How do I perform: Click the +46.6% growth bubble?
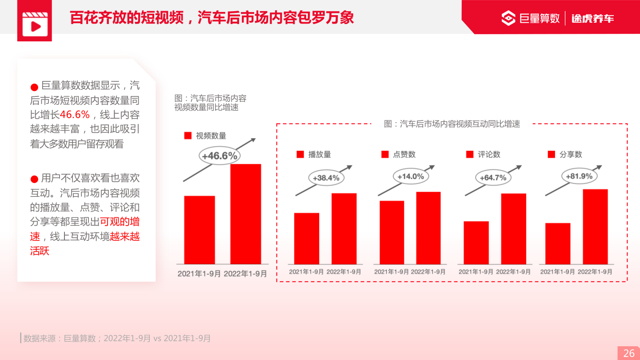point(220,156)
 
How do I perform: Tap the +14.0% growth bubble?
point(411,176)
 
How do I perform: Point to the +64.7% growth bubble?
point(493,178)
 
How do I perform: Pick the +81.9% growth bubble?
point(579,176)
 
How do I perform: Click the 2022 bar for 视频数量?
point(245,214)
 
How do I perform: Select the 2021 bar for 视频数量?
point(200,230)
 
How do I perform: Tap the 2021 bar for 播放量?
point(307,238)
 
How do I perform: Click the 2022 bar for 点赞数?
point(428,228)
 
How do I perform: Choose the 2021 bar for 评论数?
point(476,243)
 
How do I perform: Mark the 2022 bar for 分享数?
point(595,227)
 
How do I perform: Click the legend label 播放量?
point(320,155)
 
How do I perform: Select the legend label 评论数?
point(489,155)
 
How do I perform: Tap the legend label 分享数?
point(571,155)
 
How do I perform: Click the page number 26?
point(629,353)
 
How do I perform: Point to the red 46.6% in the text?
point(75,115)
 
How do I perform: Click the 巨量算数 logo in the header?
point(531,18)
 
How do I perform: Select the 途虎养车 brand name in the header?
point(592,18)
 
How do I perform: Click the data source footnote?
point(117,338)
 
